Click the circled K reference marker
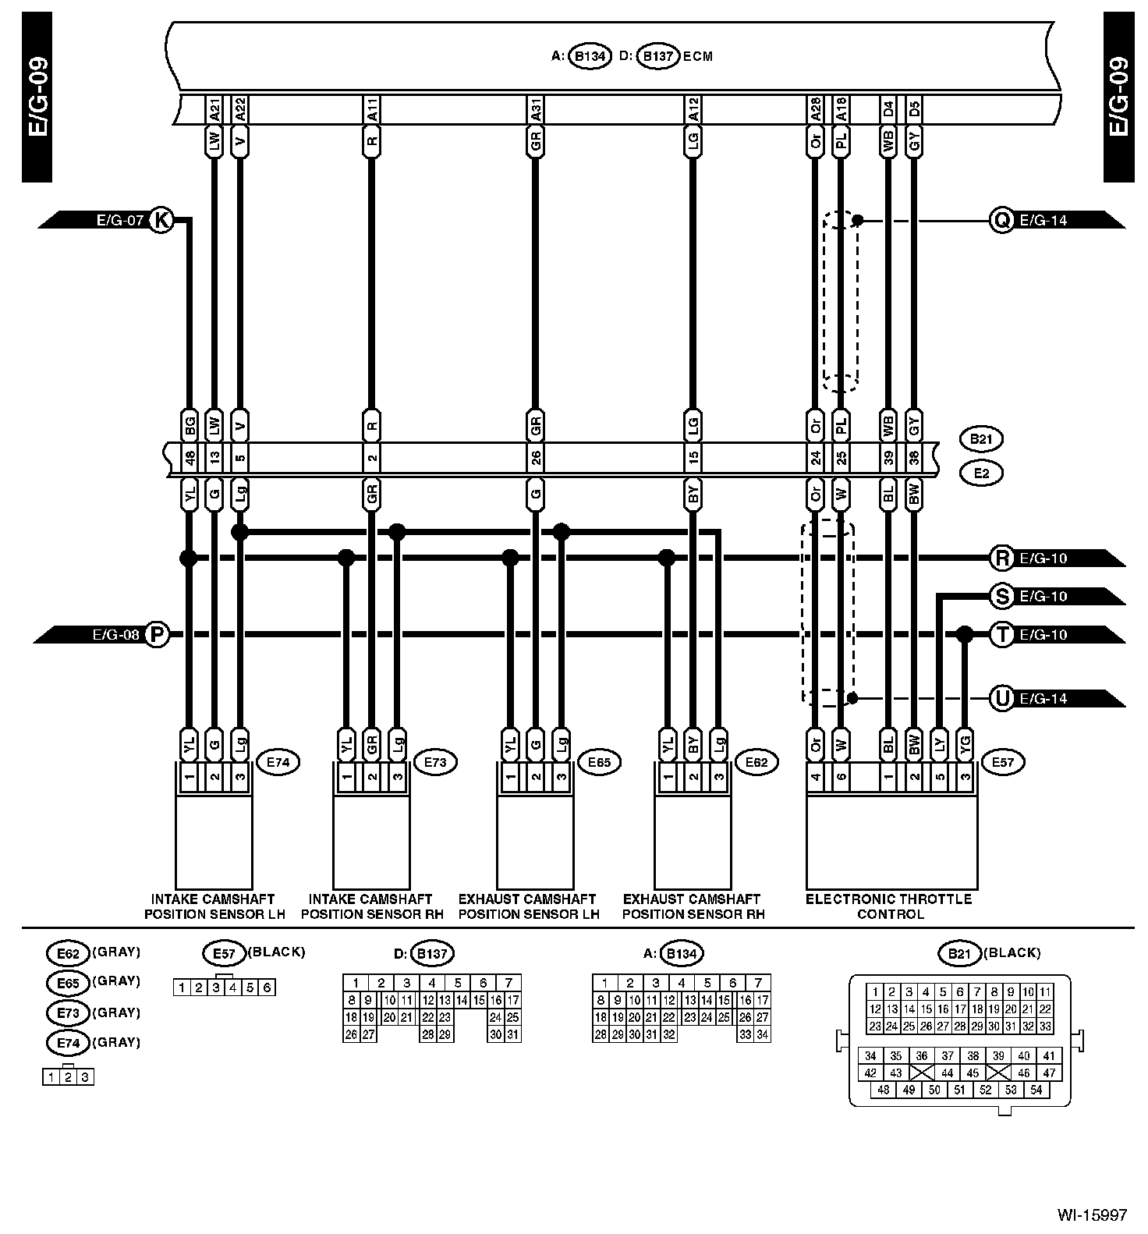[x=161, y=220]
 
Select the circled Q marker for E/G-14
[x=1000, y=220]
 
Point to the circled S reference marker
[x=1001, y=597]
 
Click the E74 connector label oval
[x=278, y=761]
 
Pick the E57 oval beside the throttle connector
[x=1004, y=761]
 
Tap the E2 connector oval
[x=981, y=473]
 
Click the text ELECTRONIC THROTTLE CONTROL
[x=889, y=906]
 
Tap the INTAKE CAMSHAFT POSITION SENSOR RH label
[x=371, y=906]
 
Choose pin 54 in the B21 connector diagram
[x=1036, y=1090]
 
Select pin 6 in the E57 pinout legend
[x=267, y=988]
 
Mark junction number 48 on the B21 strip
[x=190, y=457]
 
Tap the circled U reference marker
[x=1001, y=698]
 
